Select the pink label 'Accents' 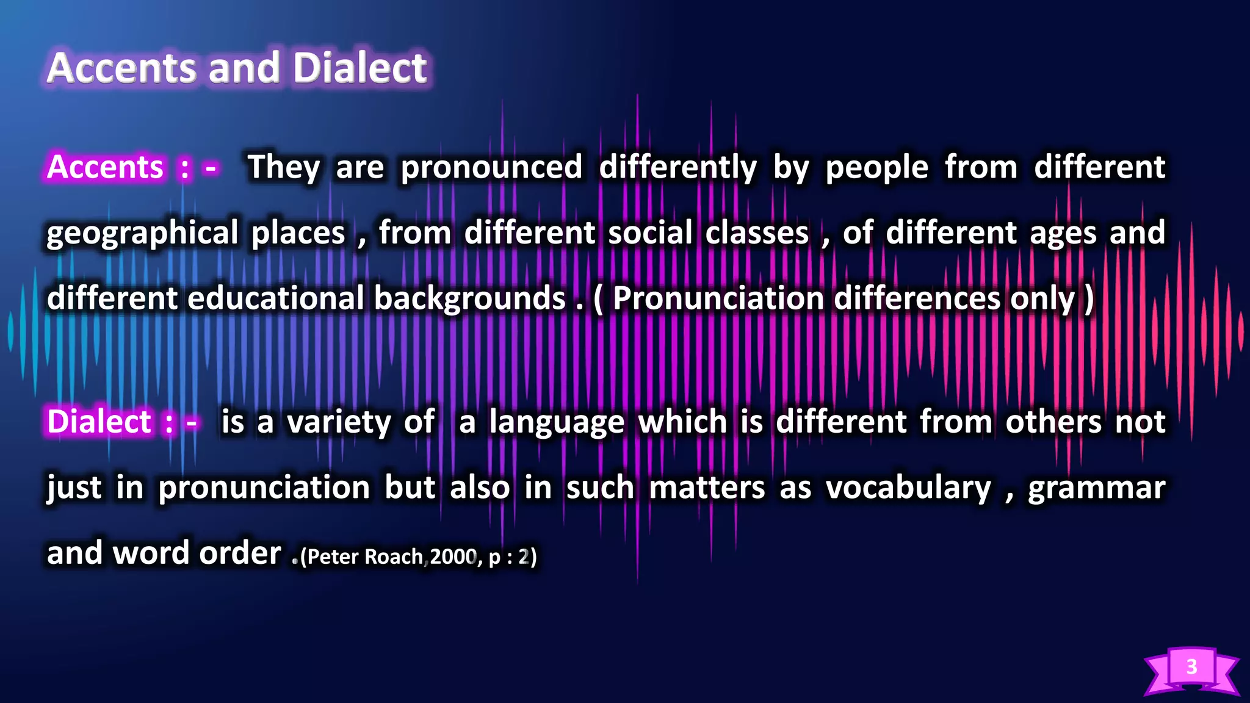(105, 167)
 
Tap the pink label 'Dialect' (99, 422)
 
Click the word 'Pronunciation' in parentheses (718, 298)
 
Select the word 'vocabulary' (908, 488)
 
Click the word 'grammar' (1096, 488)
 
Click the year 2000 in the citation (453, 557)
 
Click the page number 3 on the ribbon (1191, 666)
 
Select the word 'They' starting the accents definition (284, 167)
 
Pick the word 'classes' (757, 233)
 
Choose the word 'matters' (707, 488)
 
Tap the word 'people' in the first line (877, 168)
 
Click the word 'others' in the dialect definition (1053, 422)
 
